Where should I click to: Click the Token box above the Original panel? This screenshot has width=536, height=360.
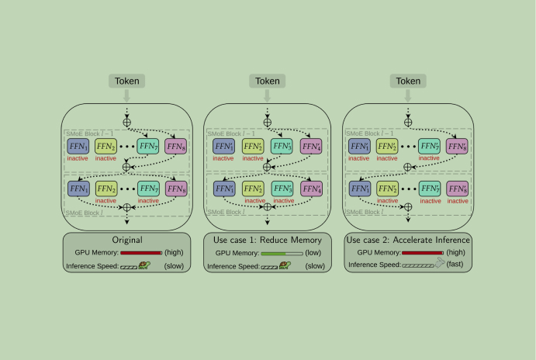pos(128,81)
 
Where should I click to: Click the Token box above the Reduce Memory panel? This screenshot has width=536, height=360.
pos(268,81)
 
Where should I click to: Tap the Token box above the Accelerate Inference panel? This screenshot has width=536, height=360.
pos(407,81)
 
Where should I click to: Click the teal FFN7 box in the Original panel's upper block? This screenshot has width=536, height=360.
pos(148,145)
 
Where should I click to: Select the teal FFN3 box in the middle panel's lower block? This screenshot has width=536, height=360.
pos(282,188)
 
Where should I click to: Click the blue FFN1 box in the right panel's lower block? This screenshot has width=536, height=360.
pos(358,188)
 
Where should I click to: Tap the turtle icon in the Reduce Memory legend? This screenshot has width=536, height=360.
pos(285,265)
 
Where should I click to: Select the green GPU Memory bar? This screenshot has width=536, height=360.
pos(285,253)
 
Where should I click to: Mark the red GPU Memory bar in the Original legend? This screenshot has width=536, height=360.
pos(140,253)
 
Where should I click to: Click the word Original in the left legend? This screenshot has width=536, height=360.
pos(127,241)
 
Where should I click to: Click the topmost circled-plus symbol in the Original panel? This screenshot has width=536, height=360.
pos(128,122)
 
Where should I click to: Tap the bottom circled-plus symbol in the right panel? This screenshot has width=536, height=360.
pos(407,207)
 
